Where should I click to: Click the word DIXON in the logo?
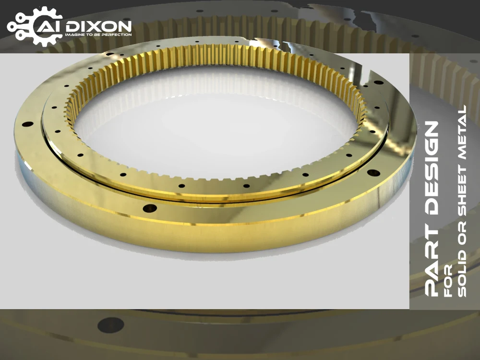(x=98, y=26)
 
